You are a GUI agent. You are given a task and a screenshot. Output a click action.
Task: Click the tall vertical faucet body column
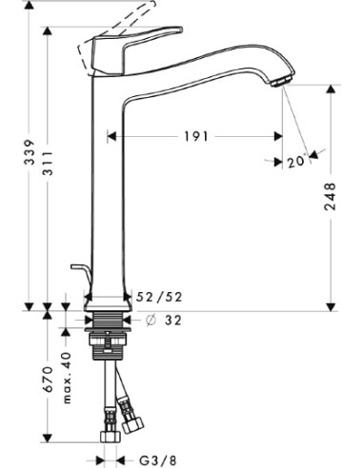click(x=105, y=190)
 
